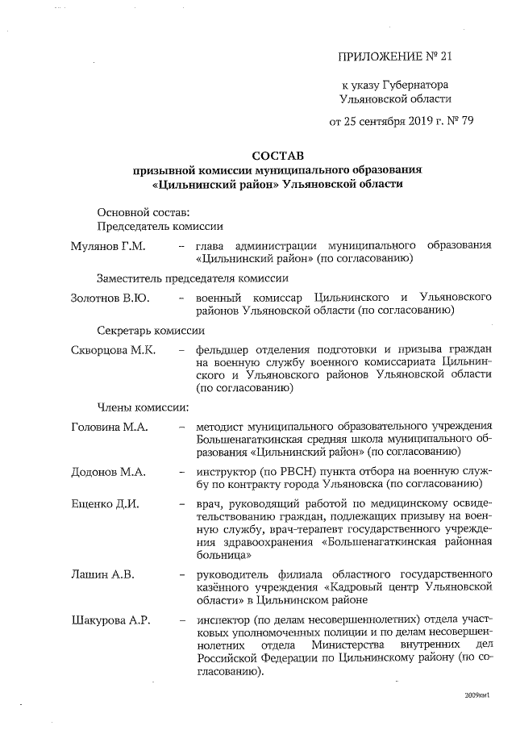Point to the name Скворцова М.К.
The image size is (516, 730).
114,350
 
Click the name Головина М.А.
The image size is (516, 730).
110,427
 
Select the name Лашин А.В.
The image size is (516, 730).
102,574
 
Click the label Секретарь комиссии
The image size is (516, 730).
151,331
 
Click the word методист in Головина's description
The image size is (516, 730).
223,427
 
